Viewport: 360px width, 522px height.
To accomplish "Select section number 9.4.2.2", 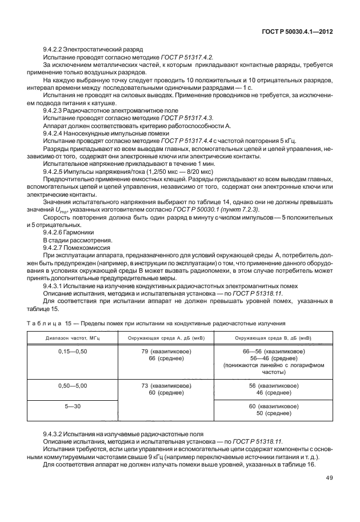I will point(55,50).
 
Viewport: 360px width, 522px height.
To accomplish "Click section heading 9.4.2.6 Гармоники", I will point(76,233).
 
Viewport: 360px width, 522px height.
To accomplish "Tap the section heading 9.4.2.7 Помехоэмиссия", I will point(83,248).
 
